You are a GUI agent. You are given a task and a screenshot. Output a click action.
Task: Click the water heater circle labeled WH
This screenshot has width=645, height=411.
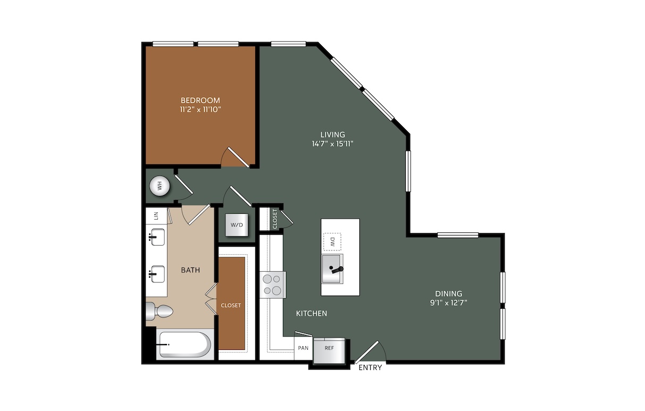tap(160, 186)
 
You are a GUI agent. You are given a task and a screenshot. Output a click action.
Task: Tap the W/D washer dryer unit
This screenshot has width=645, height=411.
tap(237, 225)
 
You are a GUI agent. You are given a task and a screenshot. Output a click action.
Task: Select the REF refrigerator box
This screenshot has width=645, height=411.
tap(329, 350)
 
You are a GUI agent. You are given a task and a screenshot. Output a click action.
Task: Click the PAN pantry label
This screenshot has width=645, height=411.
tap(303, 348)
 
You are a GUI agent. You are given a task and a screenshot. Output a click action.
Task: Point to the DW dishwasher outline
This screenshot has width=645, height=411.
tap(332, 241)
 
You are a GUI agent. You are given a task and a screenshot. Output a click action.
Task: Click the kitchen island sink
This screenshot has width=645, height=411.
tap(332, 269)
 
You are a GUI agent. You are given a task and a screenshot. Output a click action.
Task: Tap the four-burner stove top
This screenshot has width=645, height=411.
tap(273, 285)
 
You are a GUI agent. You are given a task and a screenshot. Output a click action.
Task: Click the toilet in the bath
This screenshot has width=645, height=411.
tap(159, 312)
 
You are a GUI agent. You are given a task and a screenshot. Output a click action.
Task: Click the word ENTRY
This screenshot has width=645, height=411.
tap(370, 367)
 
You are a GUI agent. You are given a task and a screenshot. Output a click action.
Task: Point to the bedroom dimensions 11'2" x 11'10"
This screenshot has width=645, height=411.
tap(200, 110)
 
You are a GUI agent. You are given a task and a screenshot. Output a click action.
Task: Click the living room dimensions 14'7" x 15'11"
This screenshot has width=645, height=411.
tap(332, 144)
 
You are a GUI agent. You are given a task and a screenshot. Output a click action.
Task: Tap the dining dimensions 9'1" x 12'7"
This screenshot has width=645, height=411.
tap(449, 303)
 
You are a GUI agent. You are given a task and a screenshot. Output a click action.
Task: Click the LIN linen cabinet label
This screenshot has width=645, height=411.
tap(156, 215)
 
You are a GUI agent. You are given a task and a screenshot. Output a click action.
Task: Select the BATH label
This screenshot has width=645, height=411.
tap(190, 270)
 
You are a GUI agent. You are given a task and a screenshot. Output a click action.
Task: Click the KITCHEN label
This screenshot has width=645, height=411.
tap(312, 313)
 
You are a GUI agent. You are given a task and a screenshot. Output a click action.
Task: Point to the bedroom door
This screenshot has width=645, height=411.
tap(238, 157)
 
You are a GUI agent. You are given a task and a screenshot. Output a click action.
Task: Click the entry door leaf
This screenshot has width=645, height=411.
tap(366, 352)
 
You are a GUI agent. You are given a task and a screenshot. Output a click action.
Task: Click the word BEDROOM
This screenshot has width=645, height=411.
tap(200, 100)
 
